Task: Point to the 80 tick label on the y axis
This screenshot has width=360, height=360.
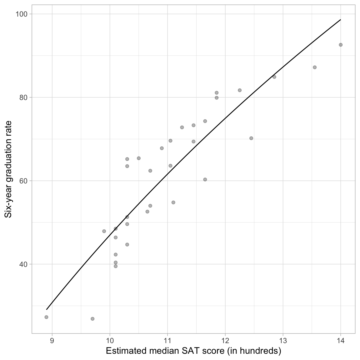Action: pos(23,97)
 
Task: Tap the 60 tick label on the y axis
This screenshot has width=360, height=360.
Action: pos(23,181)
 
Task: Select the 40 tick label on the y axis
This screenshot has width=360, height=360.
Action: pos(23,264)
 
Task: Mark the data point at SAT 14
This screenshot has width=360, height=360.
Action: pos(341,45)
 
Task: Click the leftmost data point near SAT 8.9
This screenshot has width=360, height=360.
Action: pos(46,317)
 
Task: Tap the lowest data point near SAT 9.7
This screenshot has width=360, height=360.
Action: pos(92,319)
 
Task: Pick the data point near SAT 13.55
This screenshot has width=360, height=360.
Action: pos(315,67)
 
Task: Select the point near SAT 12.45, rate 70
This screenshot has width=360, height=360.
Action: pos(251,138)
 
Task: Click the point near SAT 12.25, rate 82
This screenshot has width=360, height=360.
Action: pos(240,90)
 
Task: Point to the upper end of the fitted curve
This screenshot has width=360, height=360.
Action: pos(340,20)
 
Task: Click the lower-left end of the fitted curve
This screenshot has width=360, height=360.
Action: pos(47,309)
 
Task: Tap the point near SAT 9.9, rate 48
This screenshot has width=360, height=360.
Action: pos(104,231)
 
